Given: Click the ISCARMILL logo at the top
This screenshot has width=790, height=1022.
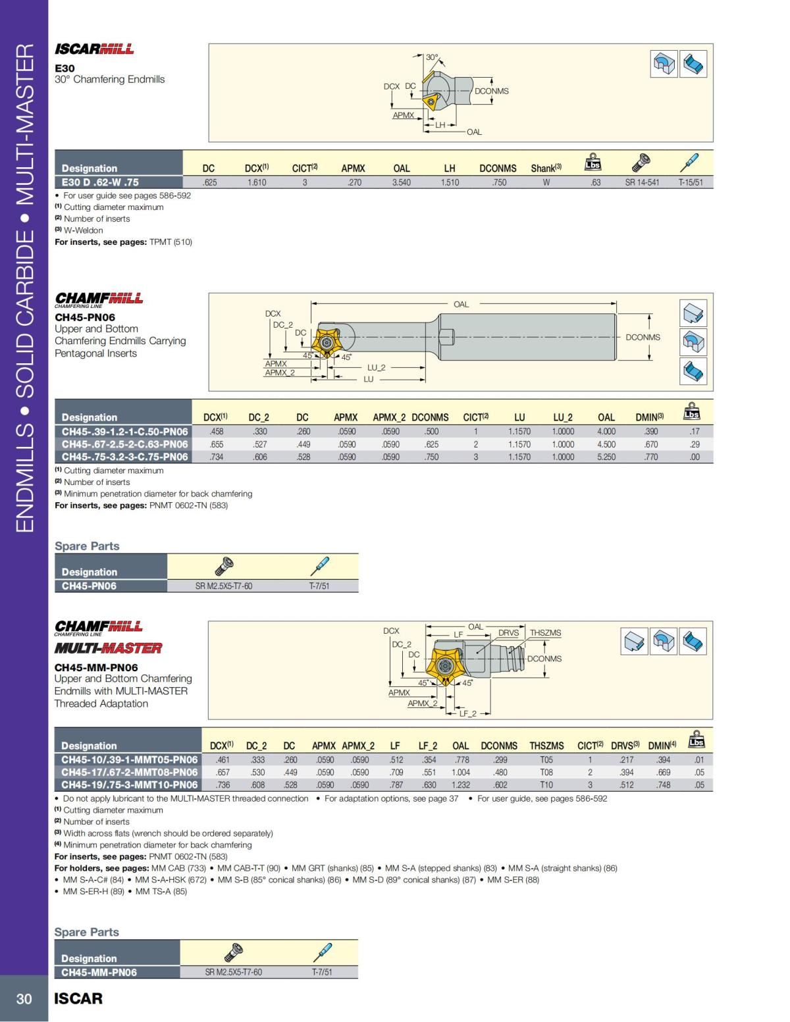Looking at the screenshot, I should pyautogui.click(x=94, y=49).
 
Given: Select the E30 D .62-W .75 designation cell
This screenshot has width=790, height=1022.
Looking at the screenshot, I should pyautogui.click(x=101, y=182).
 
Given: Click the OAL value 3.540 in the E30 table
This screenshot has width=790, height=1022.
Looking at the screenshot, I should pyautogui.click(x=401, y=182).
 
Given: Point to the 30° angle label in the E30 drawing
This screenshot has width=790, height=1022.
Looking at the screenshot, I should pyautogui.click(x=432, y=57).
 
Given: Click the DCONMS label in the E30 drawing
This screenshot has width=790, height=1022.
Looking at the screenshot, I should pyautogui.click(x=492, y=91).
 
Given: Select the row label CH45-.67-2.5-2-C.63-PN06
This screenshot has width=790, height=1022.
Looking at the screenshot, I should pyautogui.click(x=124, y=444).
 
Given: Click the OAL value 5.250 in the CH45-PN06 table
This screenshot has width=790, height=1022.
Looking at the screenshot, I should pyautogui.click(x=606, y=457).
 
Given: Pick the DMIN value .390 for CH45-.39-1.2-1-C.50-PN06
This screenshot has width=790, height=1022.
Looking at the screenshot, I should pyautogui.click(x=650, y=432).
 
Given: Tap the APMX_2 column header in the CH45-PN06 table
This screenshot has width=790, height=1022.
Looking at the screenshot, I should pyautogui.click(x=390, y=417).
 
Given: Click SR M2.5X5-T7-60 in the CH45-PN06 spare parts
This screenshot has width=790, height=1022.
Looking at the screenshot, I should pyautogui.click(x=224, y=586).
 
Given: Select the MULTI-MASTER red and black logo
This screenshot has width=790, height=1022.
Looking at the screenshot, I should pyautogui.click(x=108, y=648).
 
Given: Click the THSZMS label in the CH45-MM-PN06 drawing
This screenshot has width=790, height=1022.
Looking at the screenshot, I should pyautogui.click(x=545, y=632).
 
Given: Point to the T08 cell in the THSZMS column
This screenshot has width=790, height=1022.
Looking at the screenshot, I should pyautogui.click(x=546, y=772).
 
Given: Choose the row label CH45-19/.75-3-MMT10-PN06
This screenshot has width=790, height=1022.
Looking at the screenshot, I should pyautogui.click(x=129, y=784).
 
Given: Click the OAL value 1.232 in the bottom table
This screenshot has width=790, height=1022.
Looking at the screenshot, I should pyautogui.click(x=460, y=784).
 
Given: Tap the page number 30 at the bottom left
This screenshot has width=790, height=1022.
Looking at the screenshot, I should pyautogui.click(x=24, y=999).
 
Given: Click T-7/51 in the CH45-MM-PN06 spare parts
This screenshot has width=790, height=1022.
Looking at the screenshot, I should pyautogui.click(x=321, y=972).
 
